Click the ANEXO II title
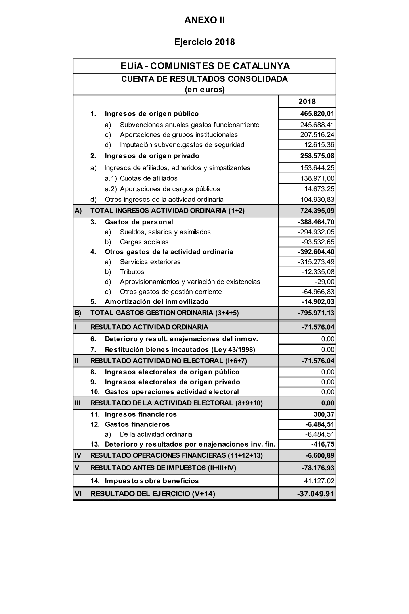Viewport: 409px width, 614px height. pos(204,20)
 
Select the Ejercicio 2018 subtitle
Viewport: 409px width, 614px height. pos(204,42)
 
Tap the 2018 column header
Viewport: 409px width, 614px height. pos(307,102)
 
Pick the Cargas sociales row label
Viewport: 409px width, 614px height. pos(144,242)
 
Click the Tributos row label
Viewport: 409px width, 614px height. pos(132,272)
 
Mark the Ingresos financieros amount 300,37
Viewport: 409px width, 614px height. pos(324,414)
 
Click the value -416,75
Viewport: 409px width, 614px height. pos(322,444)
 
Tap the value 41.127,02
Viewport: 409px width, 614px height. pos(319,481)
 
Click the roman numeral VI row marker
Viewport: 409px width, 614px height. pos(78,494)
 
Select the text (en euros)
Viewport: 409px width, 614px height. pos(204,90)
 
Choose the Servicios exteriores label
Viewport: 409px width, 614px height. pos(150,262)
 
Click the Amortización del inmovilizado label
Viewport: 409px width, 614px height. pos(157,302)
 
